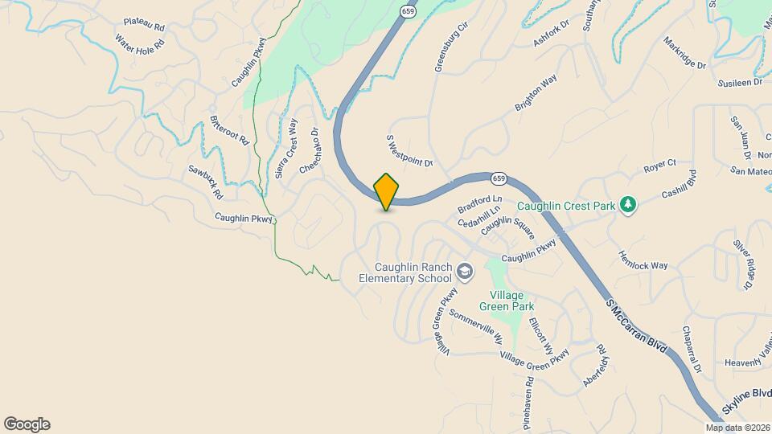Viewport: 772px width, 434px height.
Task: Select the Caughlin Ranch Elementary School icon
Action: pos(464,272)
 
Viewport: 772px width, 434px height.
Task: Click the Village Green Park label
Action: pos(507,301)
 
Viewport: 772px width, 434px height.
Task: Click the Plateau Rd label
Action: pos(144,25)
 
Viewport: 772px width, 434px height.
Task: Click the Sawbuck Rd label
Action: pos(205,182)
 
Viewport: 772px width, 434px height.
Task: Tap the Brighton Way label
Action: pos(536,94)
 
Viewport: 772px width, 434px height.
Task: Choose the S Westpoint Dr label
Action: pos(410,150)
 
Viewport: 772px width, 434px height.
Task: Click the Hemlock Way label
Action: pos(643,255)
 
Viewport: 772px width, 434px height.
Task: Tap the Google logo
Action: pos(27,424)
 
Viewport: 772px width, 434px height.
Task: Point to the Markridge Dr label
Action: pos(684,53)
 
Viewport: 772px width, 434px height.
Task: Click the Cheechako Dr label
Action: pos(310,151)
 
